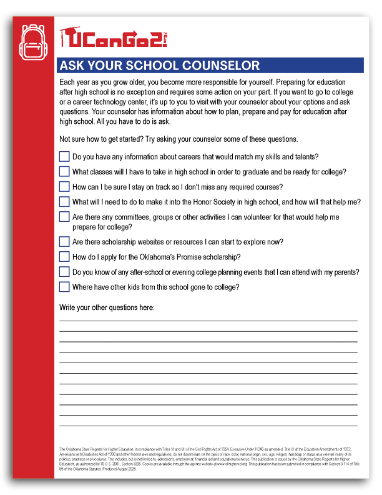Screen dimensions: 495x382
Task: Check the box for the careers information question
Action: tap(64, 157)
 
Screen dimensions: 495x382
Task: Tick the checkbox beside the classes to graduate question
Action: tap(64, 171)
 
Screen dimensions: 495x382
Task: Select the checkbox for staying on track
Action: tap(64, 186)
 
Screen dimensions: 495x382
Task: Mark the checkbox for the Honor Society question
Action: tap(64, 201)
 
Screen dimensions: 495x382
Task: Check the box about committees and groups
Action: tap(64, 217)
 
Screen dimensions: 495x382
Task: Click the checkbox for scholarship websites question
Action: tap(64, 241)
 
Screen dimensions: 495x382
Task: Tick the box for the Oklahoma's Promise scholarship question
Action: tap(64, 256)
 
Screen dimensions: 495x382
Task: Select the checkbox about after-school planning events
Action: tap(64, 272)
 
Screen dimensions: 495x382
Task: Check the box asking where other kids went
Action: tap(64, 287)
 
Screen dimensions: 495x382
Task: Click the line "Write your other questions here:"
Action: tap(107, 307)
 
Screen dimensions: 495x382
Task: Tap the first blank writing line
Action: tap(208, 321)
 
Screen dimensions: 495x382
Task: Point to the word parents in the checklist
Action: tap(345, 272)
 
